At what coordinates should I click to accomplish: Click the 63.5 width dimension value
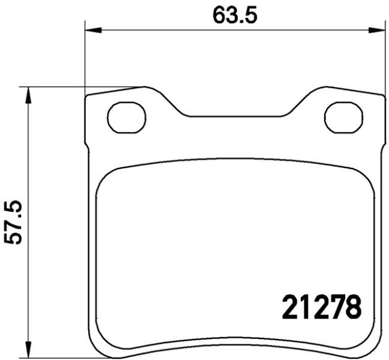point(235,15)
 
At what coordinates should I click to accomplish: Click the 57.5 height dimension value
point(13,223)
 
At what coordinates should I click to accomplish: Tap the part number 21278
point(322,307)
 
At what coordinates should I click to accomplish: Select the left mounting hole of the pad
point(127,118)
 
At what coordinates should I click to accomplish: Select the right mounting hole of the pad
point(344,118)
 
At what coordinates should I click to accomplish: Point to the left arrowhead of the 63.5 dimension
point(93,30)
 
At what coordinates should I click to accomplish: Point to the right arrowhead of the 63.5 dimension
point(377,30)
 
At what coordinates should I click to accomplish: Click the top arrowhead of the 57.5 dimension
point(29,95)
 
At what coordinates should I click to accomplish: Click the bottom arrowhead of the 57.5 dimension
point(29,350)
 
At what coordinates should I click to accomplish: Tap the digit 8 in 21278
point(354,307)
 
